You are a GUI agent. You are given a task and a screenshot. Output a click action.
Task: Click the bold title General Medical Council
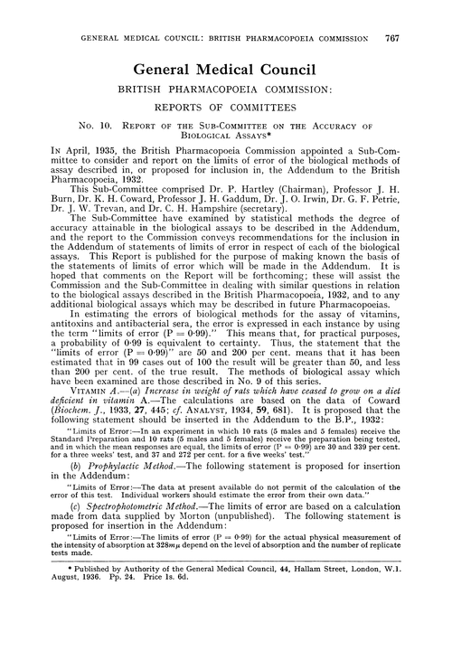point(226,69)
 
